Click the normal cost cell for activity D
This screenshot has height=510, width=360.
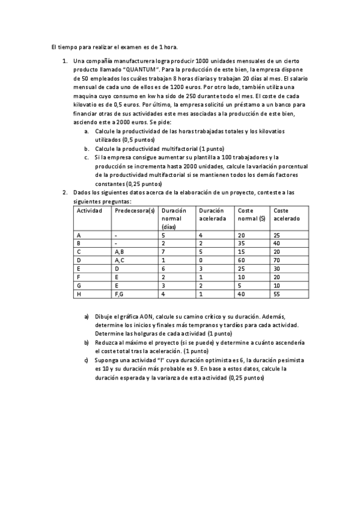pyautogui.click(x=242, y=260)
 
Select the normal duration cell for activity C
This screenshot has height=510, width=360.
pyautogui.click(x=163, y=252)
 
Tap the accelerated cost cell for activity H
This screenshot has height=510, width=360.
pyautogui.click(x=277, y=294)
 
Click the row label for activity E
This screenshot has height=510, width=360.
pyautogui.click(x=79, y=269)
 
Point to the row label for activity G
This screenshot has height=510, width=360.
pyautogui.click(x=79, y=286)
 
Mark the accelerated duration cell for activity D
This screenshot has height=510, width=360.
pyautogui.click(x=201, y=260)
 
